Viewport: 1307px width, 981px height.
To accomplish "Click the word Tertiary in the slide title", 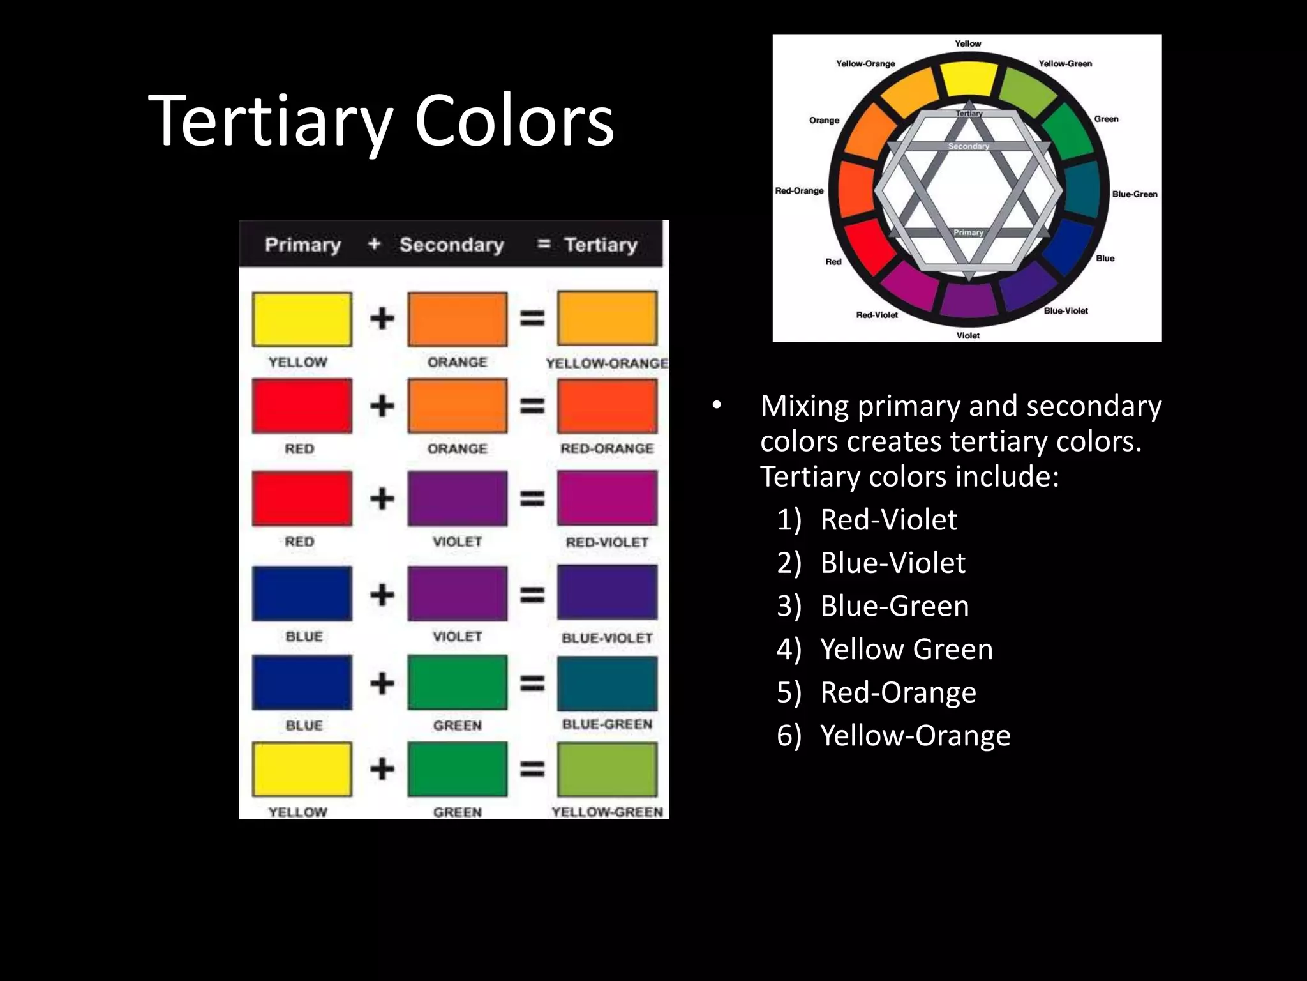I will pyautogui.click(x=270, y=121).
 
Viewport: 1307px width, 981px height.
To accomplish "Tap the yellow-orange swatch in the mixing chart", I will pyautogui.click(x=607, y=318).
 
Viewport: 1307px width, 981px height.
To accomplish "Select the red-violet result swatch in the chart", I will pyautogui.click(x=607, y=498).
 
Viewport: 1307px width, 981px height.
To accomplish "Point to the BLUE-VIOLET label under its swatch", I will pyautogui.click(x=607, y=638).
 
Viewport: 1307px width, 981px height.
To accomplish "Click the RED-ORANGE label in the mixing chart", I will pyautogui.click(x=607, y=448).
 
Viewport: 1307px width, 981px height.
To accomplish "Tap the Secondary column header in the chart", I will pyautogui.click(x=451, y=245).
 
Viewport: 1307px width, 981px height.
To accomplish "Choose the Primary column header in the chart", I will pyautogui.click(x=302, y=245).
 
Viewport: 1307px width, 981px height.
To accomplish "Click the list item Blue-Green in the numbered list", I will pyautogui.click(x=894, y=605).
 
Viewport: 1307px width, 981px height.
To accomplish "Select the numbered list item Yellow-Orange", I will pyautogui.click(x=915, y=735).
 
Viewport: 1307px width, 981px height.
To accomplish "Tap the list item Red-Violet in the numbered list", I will pyautogui.click(x=888, y=519).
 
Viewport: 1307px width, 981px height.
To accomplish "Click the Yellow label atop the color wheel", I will pyautogui.click(x=967, y=43).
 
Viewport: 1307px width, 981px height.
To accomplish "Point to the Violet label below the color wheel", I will pyautogui.click(x=967, y=335).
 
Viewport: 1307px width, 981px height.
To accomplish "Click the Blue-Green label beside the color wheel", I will pyautogui.click(x=1134, y=194).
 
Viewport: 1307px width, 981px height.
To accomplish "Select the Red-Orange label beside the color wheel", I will pyautogui.click(x=799, y=190).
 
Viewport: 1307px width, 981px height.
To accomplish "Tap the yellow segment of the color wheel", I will pyautogui.click(x=968, y=80).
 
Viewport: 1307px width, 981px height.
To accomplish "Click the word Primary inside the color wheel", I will pyautogui.click(x=968, y=232).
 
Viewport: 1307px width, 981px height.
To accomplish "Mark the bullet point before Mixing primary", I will pyautogui.click(x=717, y=405).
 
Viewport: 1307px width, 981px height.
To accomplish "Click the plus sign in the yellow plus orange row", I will pyautogui.click(x=382, y=318).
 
